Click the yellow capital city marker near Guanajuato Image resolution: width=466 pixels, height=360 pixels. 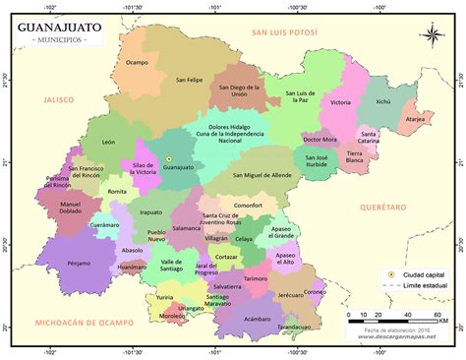coord(168,158)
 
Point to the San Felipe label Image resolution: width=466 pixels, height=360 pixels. coord(189,80)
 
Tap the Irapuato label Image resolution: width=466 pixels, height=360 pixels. coord(151,211)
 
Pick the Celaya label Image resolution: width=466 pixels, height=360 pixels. coord(244,239)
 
